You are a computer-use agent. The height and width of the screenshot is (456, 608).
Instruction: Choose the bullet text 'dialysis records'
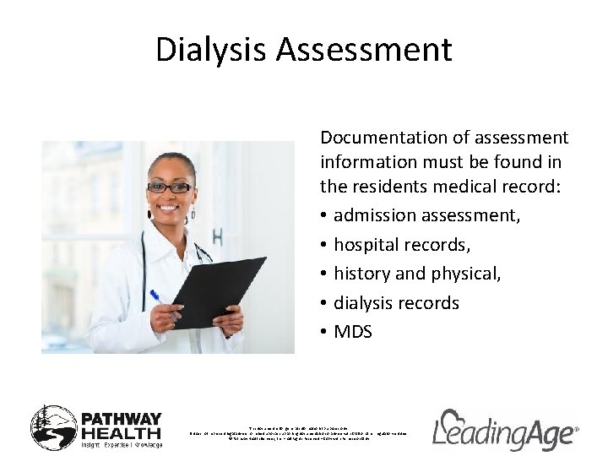pyautogui.click(x=396, y=302)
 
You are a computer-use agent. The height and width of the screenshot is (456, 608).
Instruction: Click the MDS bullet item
pyautogui.click(x=352, y=332)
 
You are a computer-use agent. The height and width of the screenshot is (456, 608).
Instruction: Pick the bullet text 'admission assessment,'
pyautogui.click(x=427, y=215)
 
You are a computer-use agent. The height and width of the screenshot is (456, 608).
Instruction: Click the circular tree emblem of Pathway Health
pyautogui.click(x=53, y=427)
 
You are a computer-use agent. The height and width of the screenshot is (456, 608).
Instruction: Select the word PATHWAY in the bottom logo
pyautogui.click(x=120, y=416)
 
